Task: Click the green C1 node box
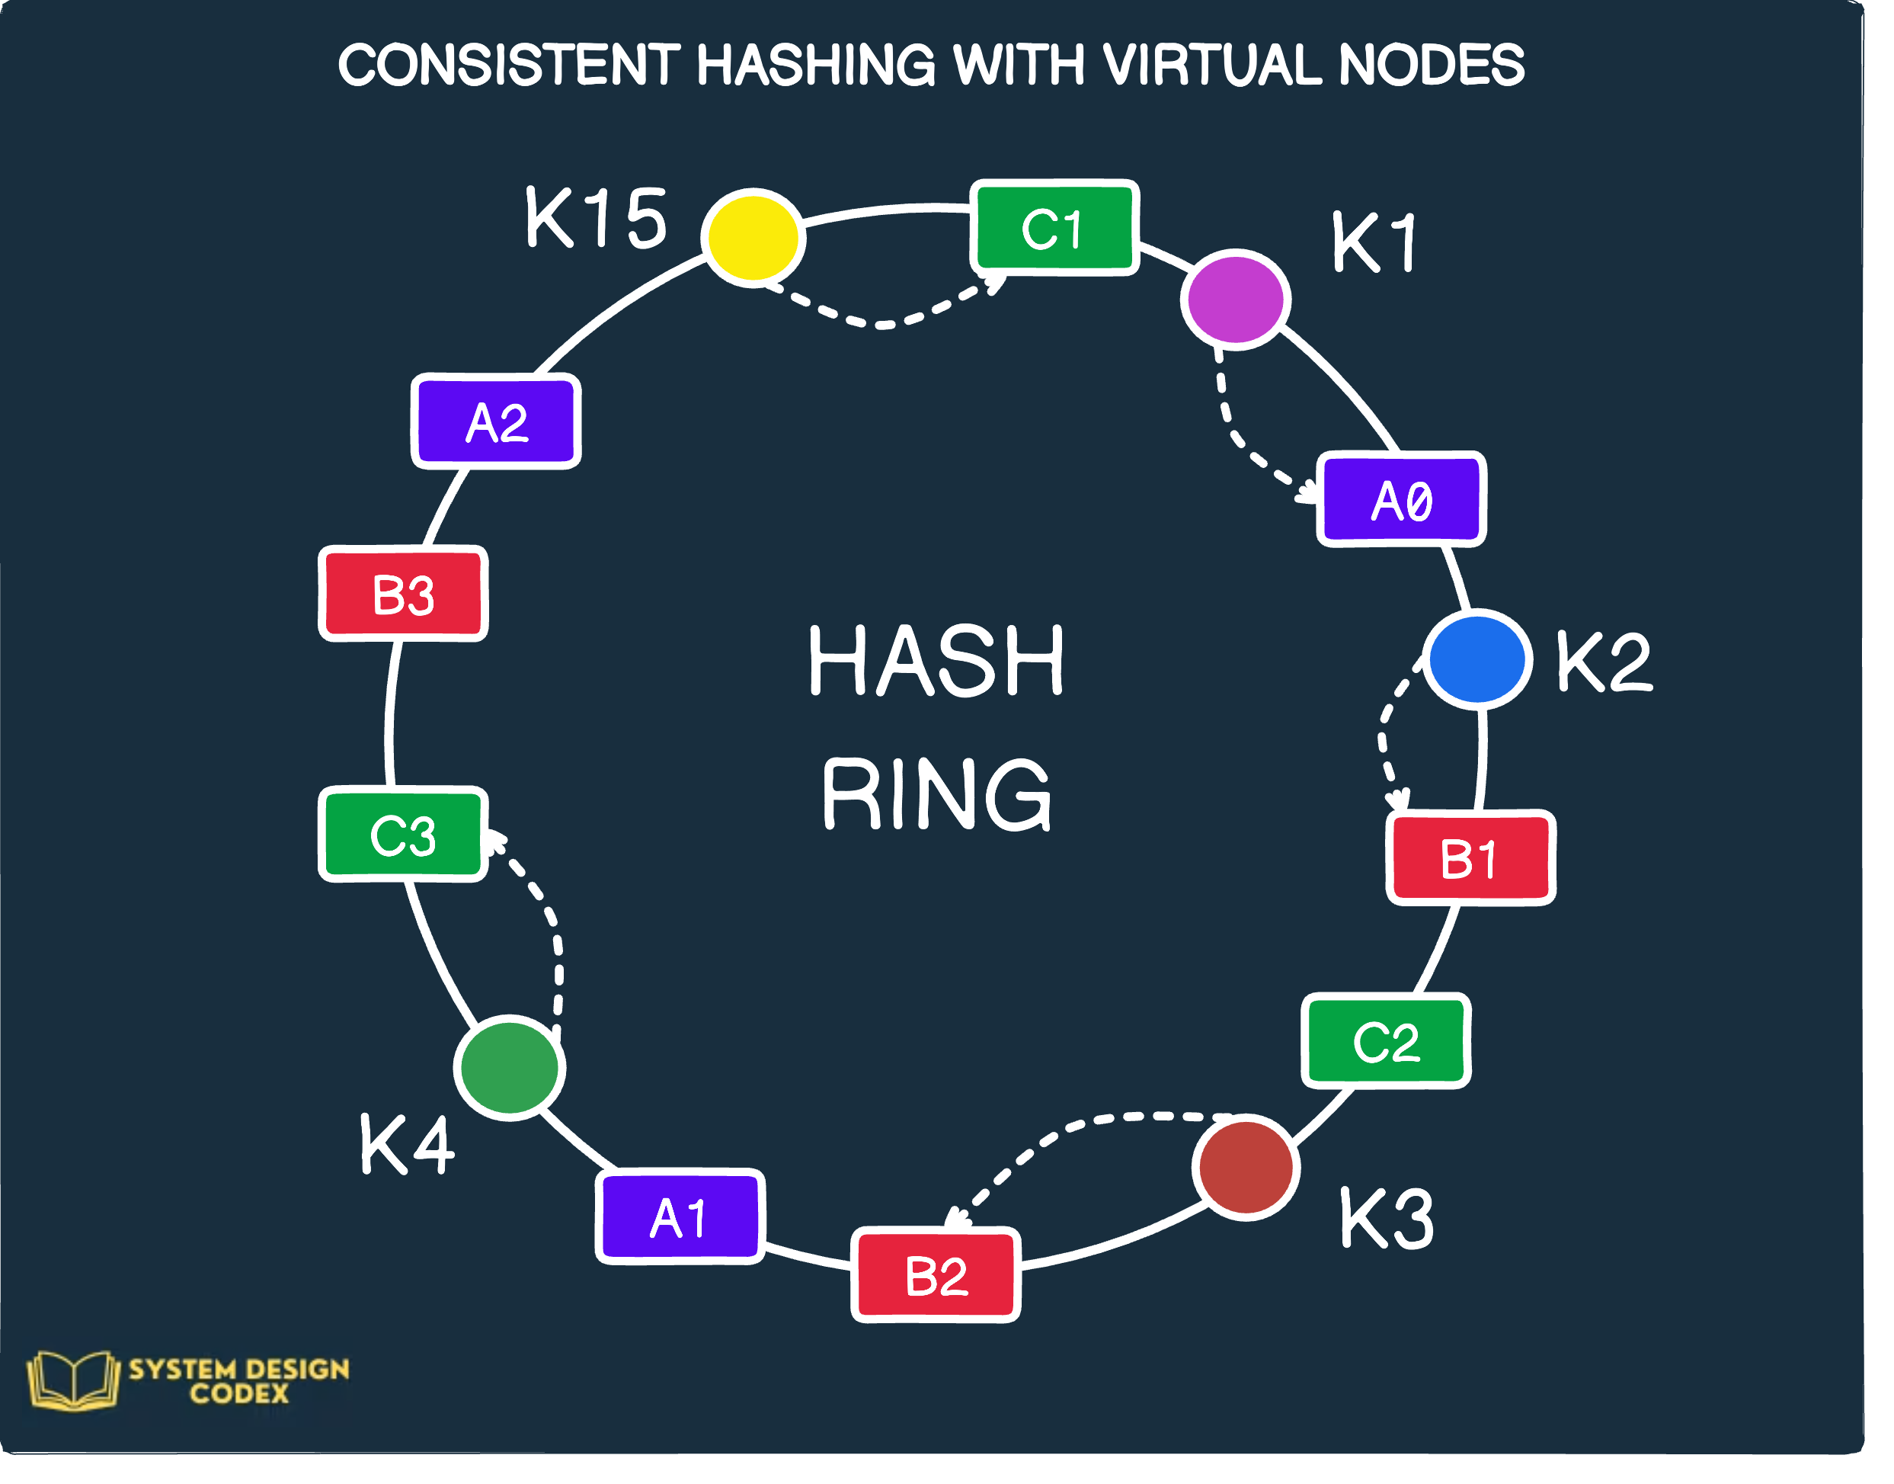click(1054, 228)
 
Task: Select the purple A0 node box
click(1401, 499)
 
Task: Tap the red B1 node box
click(1470, 858)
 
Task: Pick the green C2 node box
click(1386, 1041)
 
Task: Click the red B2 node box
click(936, 1275)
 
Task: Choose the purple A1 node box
click(680, 1216)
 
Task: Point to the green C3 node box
click(403, 834)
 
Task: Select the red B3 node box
click(403, 595)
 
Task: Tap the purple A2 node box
click(496, 422)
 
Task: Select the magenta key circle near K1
click(1235, 300)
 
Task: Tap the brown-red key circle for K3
click(1246, 1168)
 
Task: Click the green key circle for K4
click(510, 1068)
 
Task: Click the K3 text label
click(1386, 1218)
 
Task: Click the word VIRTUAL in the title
click(1212, 65)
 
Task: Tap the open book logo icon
click(73, 1379)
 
